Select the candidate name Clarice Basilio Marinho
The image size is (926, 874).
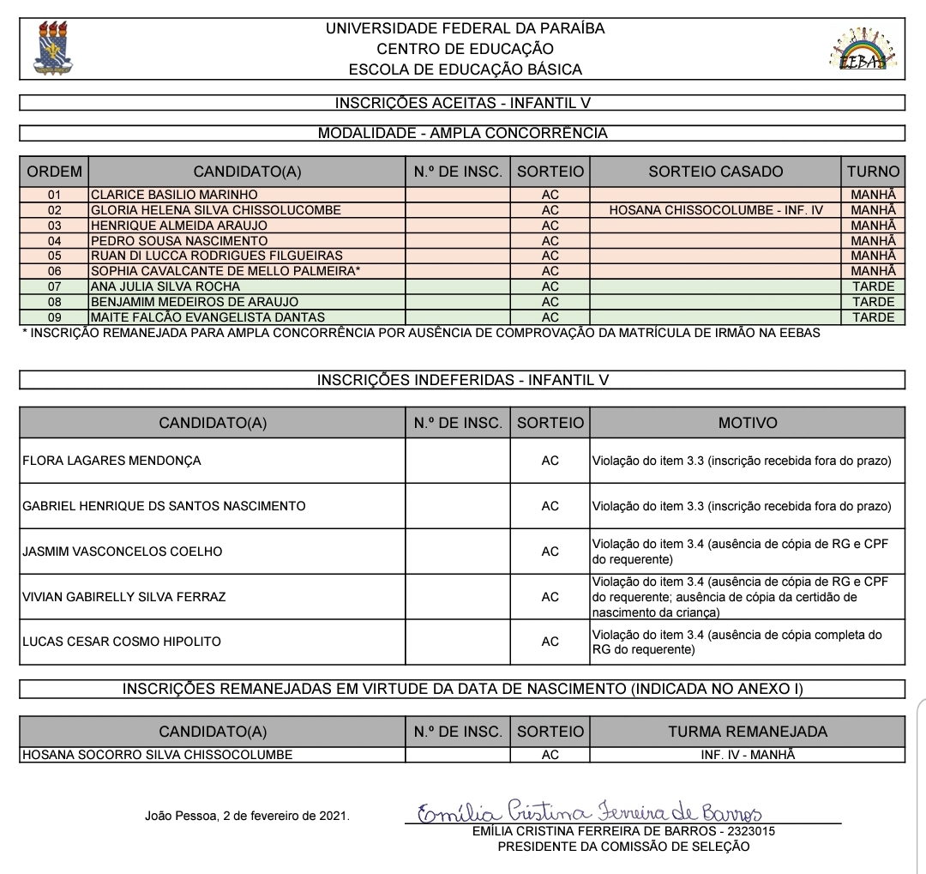point(174,195)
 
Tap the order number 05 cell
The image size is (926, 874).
point(54,256)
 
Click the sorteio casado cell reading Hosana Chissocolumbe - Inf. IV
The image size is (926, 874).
point(716,210)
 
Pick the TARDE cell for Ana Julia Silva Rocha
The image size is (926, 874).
point(873,286)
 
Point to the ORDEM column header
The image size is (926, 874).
point(54,172)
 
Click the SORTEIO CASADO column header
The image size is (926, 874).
point(716,172)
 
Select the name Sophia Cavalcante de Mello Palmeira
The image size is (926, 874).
point(225,271)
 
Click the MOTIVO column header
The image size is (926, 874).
point(748,423)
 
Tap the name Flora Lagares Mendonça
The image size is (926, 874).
point(111,461)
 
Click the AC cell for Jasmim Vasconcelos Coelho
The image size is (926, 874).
point(550,552)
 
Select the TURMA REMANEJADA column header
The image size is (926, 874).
point(748,732)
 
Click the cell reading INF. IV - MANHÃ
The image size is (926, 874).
point(748,755)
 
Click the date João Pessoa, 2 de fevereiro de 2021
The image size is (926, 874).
point(247,816)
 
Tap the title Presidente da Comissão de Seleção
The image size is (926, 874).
point(623,847)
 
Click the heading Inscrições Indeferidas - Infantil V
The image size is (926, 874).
point(463,379)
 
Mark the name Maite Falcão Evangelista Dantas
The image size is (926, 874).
point(207,317)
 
